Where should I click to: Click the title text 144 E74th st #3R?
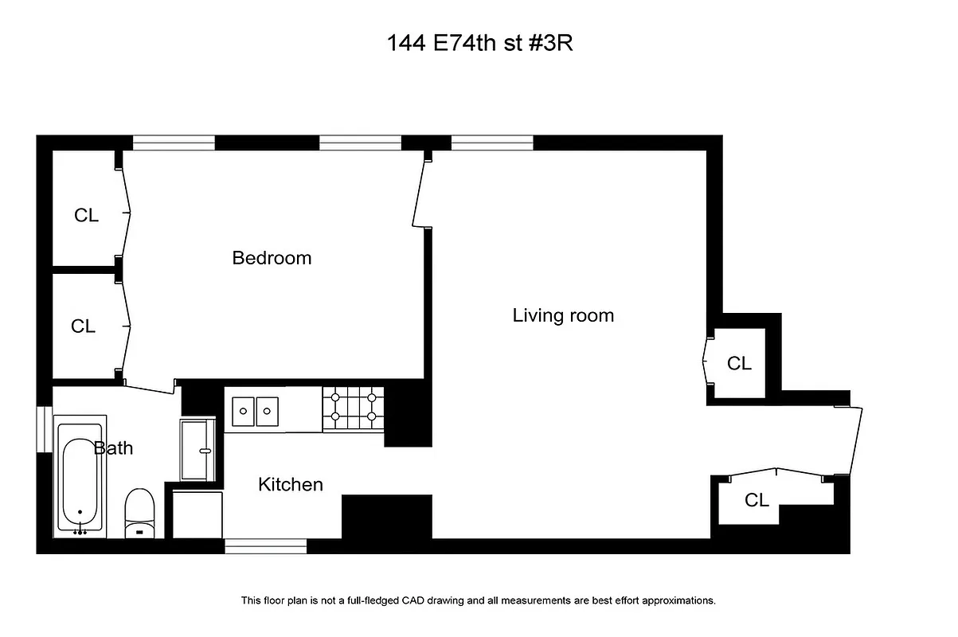[479, 43]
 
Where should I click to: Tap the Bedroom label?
[272, 258]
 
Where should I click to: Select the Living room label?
[563, 315]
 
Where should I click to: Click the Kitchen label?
[291, 484]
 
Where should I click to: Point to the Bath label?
[114, 448]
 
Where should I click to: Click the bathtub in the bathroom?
[80, 475]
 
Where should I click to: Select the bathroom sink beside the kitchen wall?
[197, 450]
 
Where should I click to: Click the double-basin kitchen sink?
[255, 411]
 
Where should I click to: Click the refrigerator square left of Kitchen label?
[196, 514]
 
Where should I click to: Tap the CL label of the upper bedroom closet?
[86, 215]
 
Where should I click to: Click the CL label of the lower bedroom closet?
[83, 326]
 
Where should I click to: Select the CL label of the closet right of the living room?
[739, 363]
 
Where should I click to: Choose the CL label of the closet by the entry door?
[757, 500]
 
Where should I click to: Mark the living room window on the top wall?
[491, 143]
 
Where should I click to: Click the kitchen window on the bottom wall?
[265, 546]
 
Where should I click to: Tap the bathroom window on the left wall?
[44, 430]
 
